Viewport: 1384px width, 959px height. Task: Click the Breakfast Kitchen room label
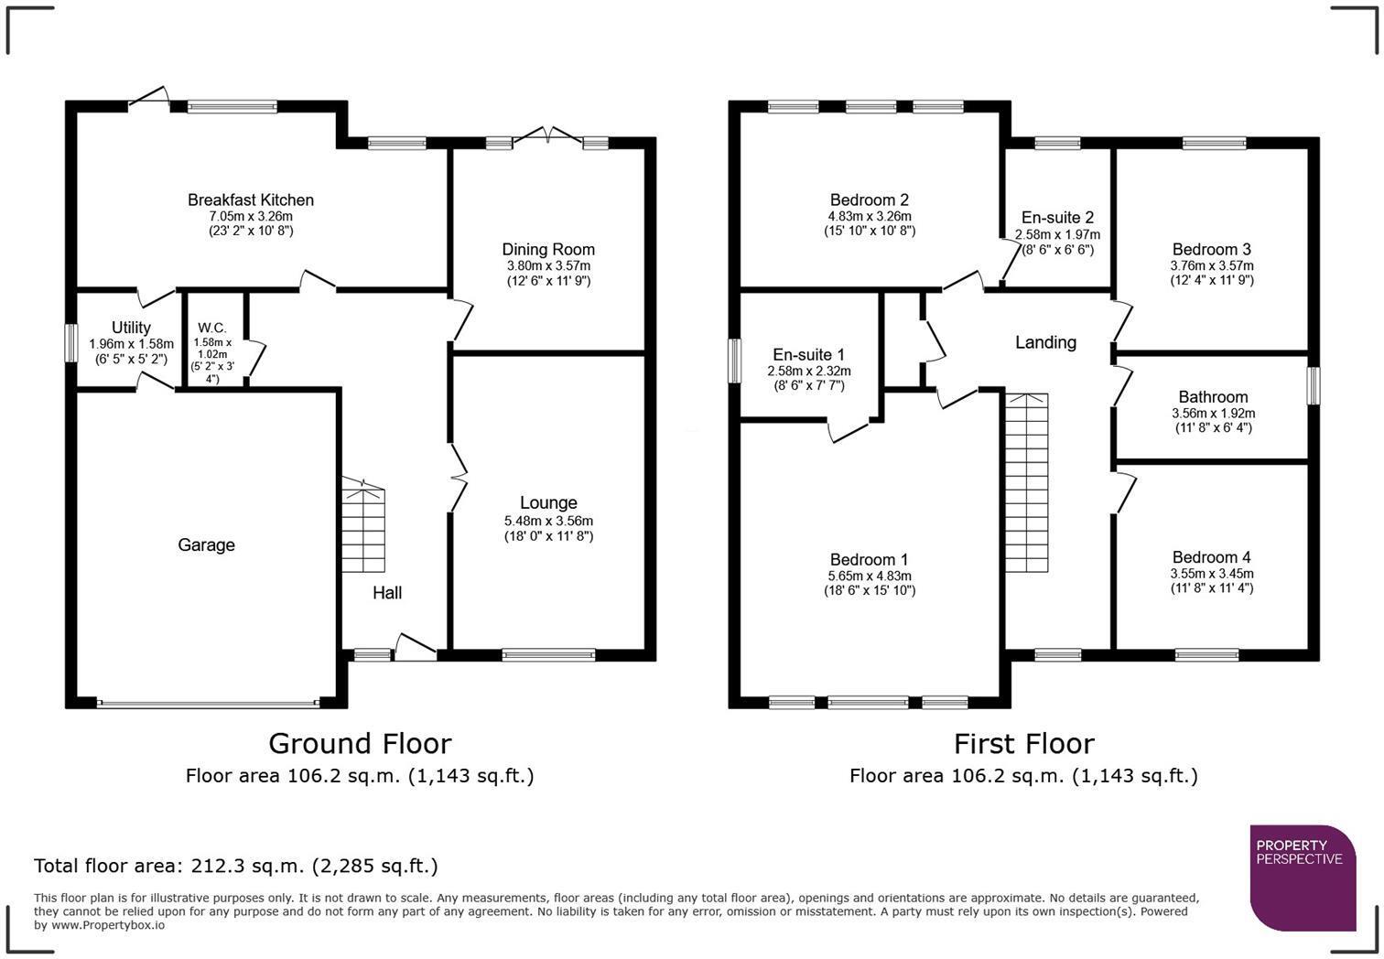pyautogui.click(x=251, y=200)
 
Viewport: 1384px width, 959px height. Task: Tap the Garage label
pyautogui.click(x=206, y=545)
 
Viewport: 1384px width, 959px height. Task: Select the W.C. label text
pyautogui.click(x=211, y=328)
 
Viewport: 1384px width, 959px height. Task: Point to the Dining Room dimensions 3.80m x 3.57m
pyautogui.click(x=548, y=266)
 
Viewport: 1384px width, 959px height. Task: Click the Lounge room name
pyautogui.click(x=548, y=502)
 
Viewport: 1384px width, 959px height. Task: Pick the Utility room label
pyautogui.click(x=131, y=328)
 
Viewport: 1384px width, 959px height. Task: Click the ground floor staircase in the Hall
pyautogui.click(x=363, y=526)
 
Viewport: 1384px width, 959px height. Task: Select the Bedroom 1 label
pyautogui.click(x=869, y=560)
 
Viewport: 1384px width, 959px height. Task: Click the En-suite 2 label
pyautogui.click(x=1057, y=218)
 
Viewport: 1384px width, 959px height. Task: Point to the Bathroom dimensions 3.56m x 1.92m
pyautogui.click(x=1213, y=414)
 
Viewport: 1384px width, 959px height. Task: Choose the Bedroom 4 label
pyautogui.click(x=1211, y=557)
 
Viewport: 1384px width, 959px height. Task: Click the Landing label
pyautogui.click(x=1045, y=342)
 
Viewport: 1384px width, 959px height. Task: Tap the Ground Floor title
pyautogui.click(x=360, y=742)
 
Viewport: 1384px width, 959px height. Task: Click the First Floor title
pyautogui.click(x=1023, y=742)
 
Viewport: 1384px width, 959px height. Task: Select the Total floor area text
pyautogui.click(x=236, y=866)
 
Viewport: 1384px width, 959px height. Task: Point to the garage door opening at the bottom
pyautogui.click(x=208, y=704)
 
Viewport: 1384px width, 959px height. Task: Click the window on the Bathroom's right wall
pyautogui.click(x=1314, y=385)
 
